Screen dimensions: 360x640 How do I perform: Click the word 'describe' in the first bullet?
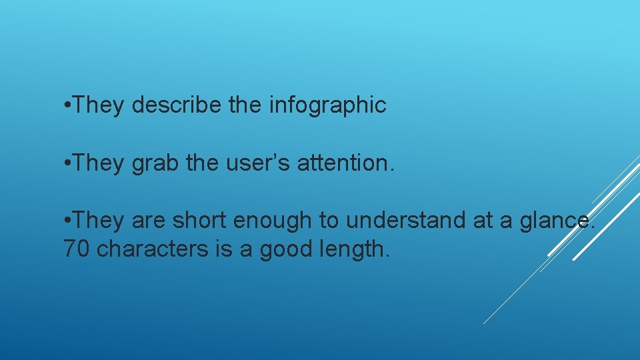pos(177,105)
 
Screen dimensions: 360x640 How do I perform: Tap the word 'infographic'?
pos(327,105)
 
